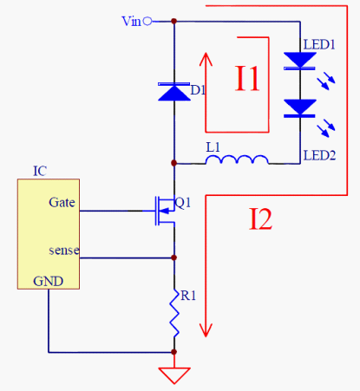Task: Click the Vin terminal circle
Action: pyautogui.click(x=147, y=21)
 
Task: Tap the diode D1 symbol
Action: pyautogui.click(x=174, y=92)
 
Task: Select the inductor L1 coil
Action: pyautogui.click(x=237, y=160)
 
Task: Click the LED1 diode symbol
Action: pyautogui.click(x=299, y=61)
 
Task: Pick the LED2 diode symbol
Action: pyautogui.click(x=299, y=108)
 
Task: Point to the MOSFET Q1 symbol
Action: pyautogui.click(x=165, y=211)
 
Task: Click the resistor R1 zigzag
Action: pyautogui.click(x=174, y=313)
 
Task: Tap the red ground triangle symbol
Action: pyautogui.click(x=174, y=375)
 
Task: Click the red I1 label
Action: pyautogui.click(x=247, y=79)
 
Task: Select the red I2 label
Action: pyautogui.click(x=260, y=218)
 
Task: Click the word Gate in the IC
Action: pyautogui.click(x=62, y=202)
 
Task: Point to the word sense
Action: pyautogui.click(x=64, y=251)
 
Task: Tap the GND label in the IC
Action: pyautogui.click(x=48, y=281)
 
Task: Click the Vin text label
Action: pyautogui.click(x=131, y=22)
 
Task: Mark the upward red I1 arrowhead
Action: pyautogui.click(x=206, y=59)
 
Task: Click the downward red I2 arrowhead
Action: pyautogui.click(x=206, y=330)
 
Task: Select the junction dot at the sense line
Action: pyautogui.click(x=174, y=257)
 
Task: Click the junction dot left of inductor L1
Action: pyautogui.click(x=173, y=163)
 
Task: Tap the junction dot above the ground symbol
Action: pyautogui.click(x=174, y=352)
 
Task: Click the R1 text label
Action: pyautogui.click(x=188, y=296)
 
